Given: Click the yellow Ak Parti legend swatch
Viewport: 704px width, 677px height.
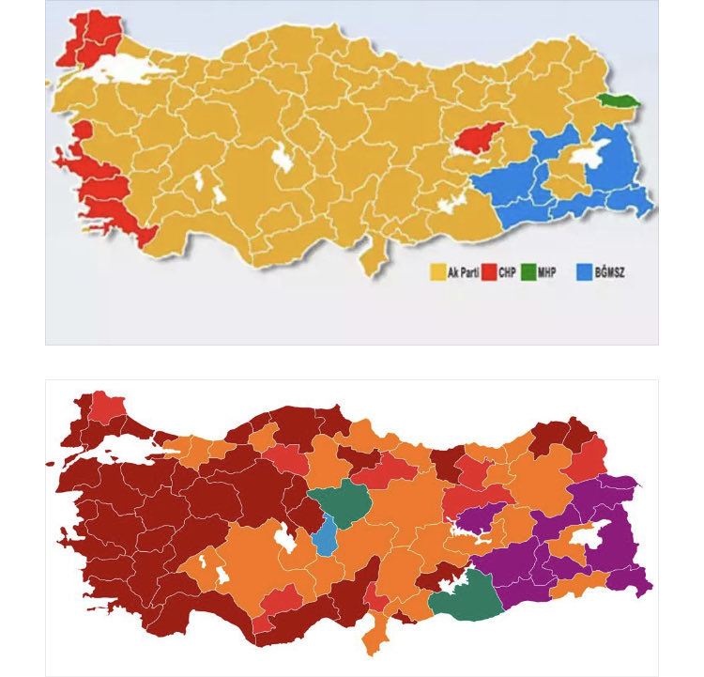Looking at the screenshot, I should (437, 273).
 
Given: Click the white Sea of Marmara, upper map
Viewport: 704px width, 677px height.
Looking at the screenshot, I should (123, 68).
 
